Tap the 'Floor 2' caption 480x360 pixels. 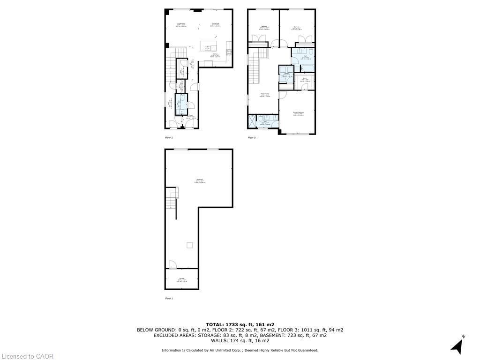pyautogui.click(x=169, y=138)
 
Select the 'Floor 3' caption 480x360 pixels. pyautogui.click(x=252, y=138)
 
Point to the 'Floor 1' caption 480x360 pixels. pyautogui.click(x=169, y=298)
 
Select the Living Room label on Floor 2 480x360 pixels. pyautogui.click(x=181, y=24)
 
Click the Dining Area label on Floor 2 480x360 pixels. pyautogui.click(x=216, y=24)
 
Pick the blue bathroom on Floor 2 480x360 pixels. pyautogui.click(x=181, y=104)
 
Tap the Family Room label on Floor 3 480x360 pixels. pyautogui.click(x=265, y=95)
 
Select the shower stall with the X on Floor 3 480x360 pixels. pyautogui.click(x=253, y=122)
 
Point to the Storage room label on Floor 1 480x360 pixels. pyautogui.click(x=181, y=280)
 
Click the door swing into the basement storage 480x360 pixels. pyautogui.click(x=172, y=264)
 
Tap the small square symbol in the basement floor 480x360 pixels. pyautogui.click(x=189, y=245)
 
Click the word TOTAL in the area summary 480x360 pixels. pyautogui.click(x=217, y=324)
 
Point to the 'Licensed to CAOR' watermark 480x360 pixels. pyautogui.click(x=27, y=356)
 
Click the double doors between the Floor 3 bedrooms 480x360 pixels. pyautogui.click(x=280, y=44)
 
